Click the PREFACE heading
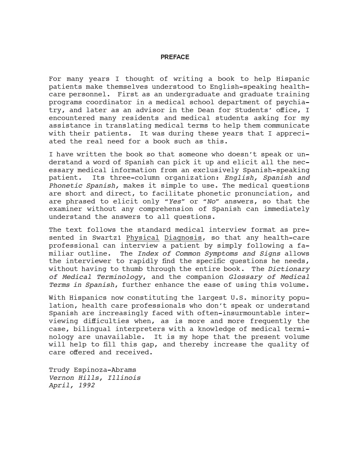point(175,57)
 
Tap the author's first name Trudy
point(59,370)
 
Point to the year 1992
point(86,386)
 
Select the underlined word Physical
point(143,238)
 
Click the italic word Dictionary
point(289,269)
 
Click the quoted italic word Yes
point(175,201)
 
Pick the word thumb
point(132,269)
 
